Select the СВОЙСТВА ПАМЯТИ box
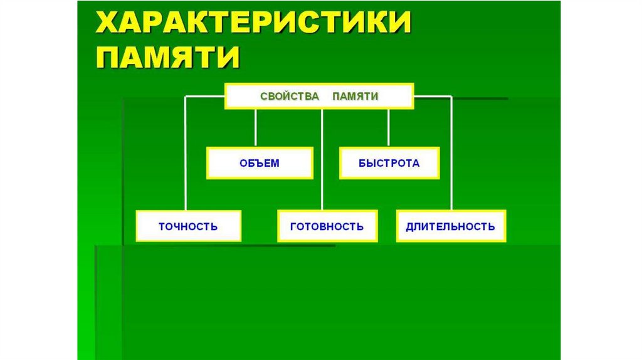[x=319, y=97]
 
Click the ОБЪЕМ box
[x=260, y=163]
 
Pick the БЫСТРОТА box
[x=389, y=163]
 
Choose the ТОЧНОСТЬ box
[x=188, y=226]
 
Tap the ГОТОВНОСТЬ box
[x=327, y=226]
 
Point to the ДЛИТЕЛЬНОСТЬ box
[x=451, y=226]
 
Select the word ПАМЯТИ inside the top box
[x=355, y=97]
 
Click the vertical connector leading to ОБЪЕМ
[x=255, y=128]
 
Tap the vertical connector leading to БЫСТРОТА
[x=389, y=128]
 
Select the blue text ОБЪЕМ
[x=260, y=163]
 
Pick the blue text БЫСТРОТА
[x=389, y=163]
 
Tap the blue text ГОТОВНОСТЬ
[x=327, y=226]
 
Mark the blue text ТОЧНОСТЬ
[x=188, y=226]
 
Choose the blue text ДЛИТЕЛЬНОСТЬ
[x=451, y=226]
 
